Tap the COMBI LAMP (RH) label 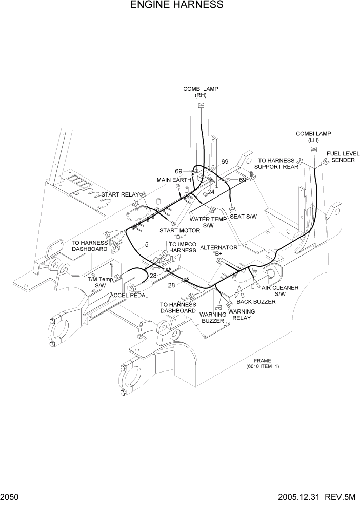201,92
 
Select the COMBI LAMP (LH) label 313,137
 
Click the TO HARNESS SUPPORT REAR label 277,163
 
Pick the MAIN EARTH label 174,180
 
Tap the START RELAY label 120,194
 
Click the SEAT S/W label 243,216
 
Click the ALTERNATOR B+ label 219,250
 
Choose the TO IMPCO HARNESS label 183,247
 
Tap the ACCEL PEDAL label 129,295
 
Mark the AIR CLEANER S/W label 280,291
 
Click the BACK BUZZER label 256,302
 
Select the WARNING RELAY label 242,315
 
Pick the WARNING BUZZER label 212,318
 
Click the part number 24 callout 210,192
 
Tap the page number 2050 11,497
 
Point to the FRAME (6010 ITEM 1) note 262,363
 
